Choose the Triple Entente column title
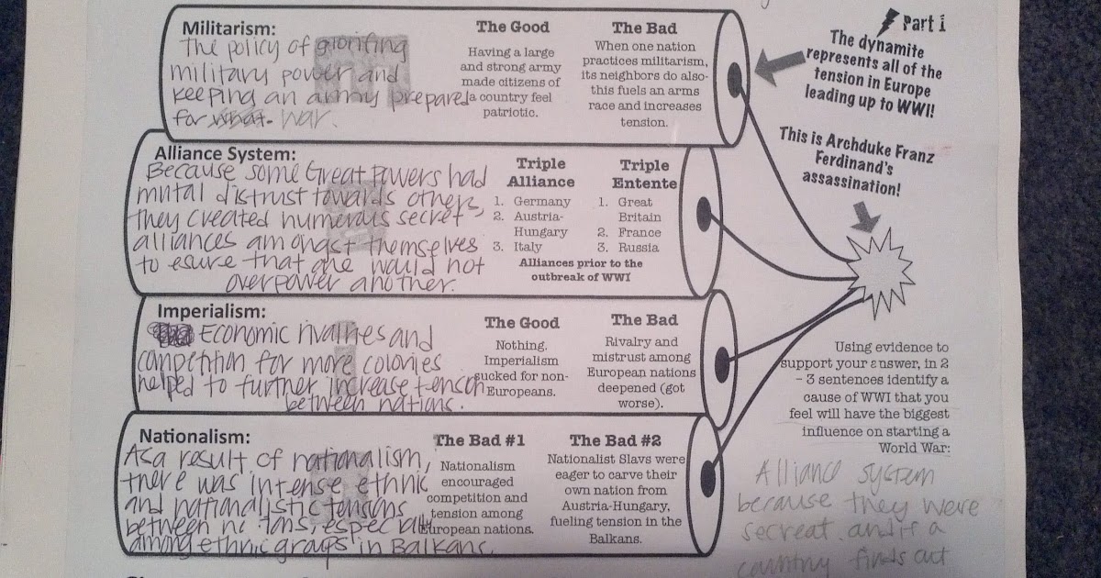click(x=644, y=173)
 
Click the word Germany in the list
click(x=541, y=202)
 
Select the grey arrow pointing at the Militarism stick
click(x=780, y=62)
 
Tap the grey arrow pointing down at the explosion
click(x=868, y=216)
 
